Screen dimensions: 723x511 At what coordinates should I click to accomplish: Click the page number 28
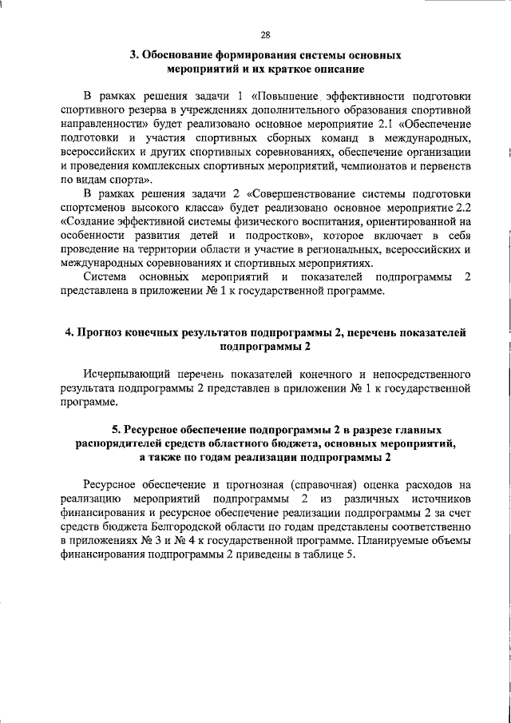click(265, 34)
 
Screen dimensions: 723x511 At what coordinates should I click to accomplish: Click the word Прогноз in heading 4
click(103, 332)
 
